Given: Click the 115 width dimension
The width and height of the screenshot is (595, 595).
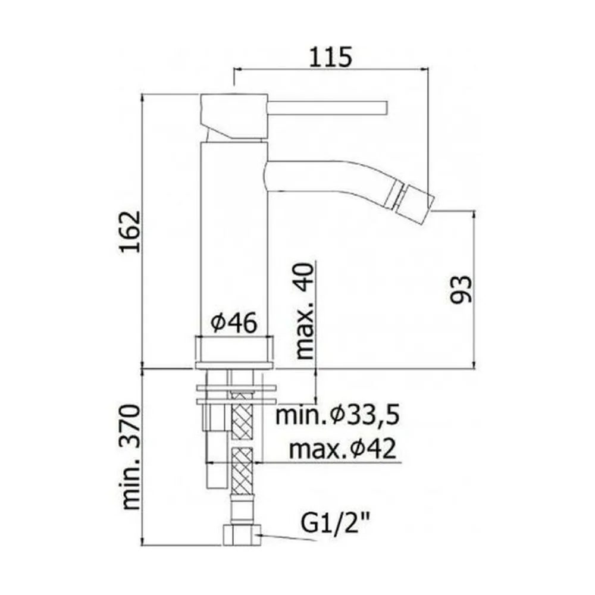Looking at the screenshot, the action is (x=330, y=57).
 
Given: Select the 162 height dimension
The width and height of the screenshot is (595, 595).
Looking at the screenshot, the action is (x=130, y=231).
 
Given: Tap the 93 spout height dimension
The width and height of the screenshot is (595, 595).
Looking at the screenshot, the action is (x=461, y=289).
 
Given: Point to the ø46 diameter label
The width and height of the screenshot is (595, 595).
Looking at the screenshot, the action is (x=234, y=323).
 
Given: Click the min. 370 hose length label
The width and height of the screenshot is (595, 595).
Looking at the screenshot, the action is (x=131, y=457).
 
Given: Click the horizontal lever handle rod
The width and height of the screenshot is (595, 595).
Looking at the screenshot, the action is (x=327, y=107).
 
